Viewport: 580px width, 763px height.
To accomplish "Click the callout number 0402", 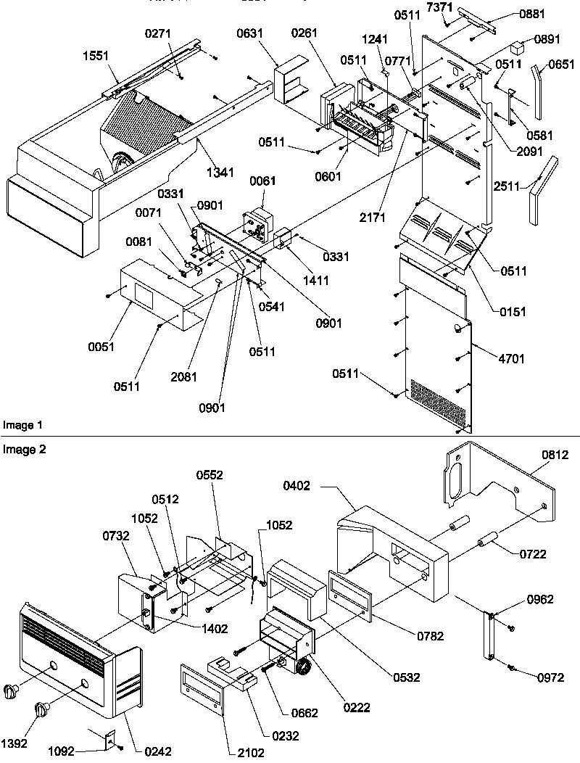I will point(298,487).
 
